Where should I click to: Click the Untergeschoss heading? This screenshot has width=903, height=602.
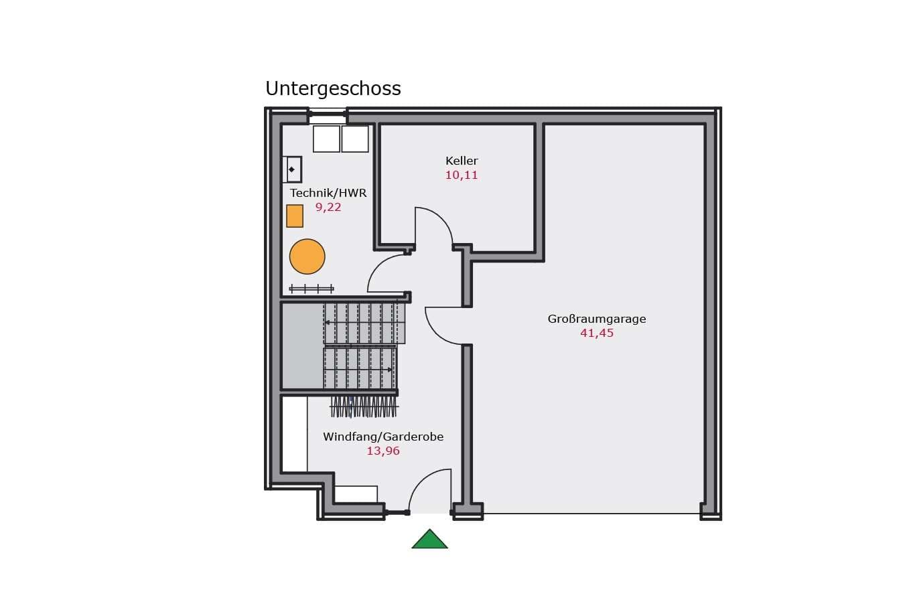(333, 88)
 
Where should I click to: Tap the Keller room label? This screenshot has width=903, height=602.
(462, 161)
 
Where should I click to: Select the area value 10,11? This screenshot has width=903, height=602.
(462, 175)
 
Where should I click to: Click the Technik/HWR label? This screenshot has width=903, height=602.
(328, 193)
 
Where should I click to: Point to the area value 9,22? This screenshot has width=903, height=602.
(328, 207)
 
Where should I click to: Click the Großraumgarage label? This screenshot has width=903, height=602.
(597, 319)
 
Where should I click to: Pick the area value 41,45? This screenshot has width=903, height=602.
(597, 333)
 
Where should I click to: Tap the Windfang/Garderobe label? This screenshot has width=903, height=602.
(383, 437)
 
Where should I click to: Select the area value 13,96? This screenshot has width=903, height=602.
(383, 451)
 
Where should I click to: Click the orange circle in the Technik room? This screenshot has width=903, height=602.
(307, 256)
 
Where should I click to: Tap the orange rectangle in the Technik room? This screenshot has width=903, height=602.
(295, 216)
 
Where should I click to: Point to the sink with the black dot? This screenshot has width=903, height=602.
(292, 169)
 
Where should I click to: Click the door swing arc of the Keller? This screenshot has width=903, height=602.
(442, 218)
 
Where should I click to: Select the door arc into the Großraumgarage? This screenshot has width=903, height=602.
(436, 333)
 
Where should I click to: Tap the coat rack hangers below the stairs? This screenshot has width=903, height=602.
(364, 407)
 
